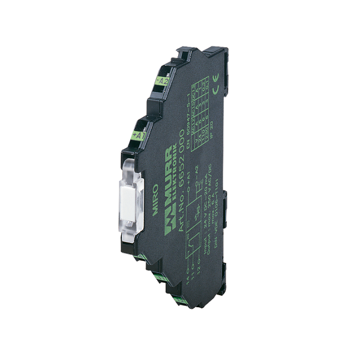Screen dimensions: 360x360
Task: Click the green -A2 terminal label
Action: (x=162, y=80)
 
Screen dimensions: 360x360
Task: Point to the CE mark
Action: (x=216, y=75)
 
